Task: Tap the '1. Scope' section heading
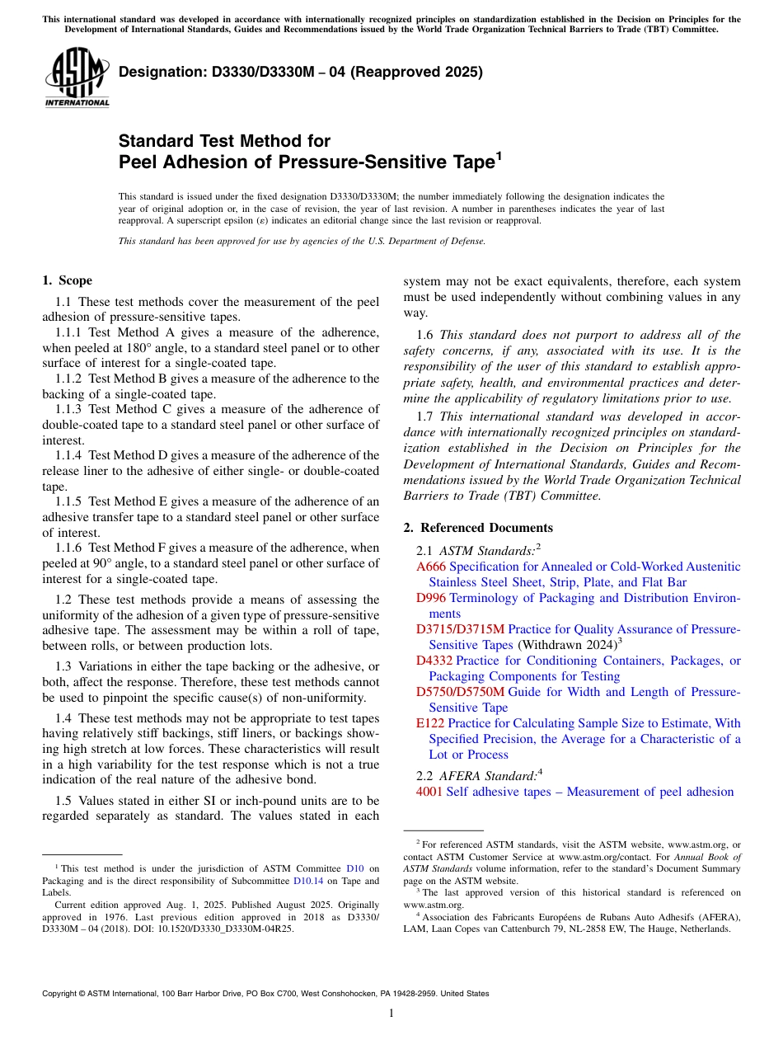pyautogui.click(x=68, y=280)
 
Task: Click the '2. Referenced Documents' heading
pyautogui.click(x=478, y=528)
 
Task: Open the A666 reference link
pyautogui.click(x=431, y=567)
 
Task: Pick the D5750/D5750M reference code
pyautogui.click(x=461, y=692)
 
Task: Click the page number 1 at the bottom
pyautogui.click(x=391, y=1014)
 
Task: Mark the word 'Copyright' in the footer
pyautogui.click(x=63, y=994)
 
